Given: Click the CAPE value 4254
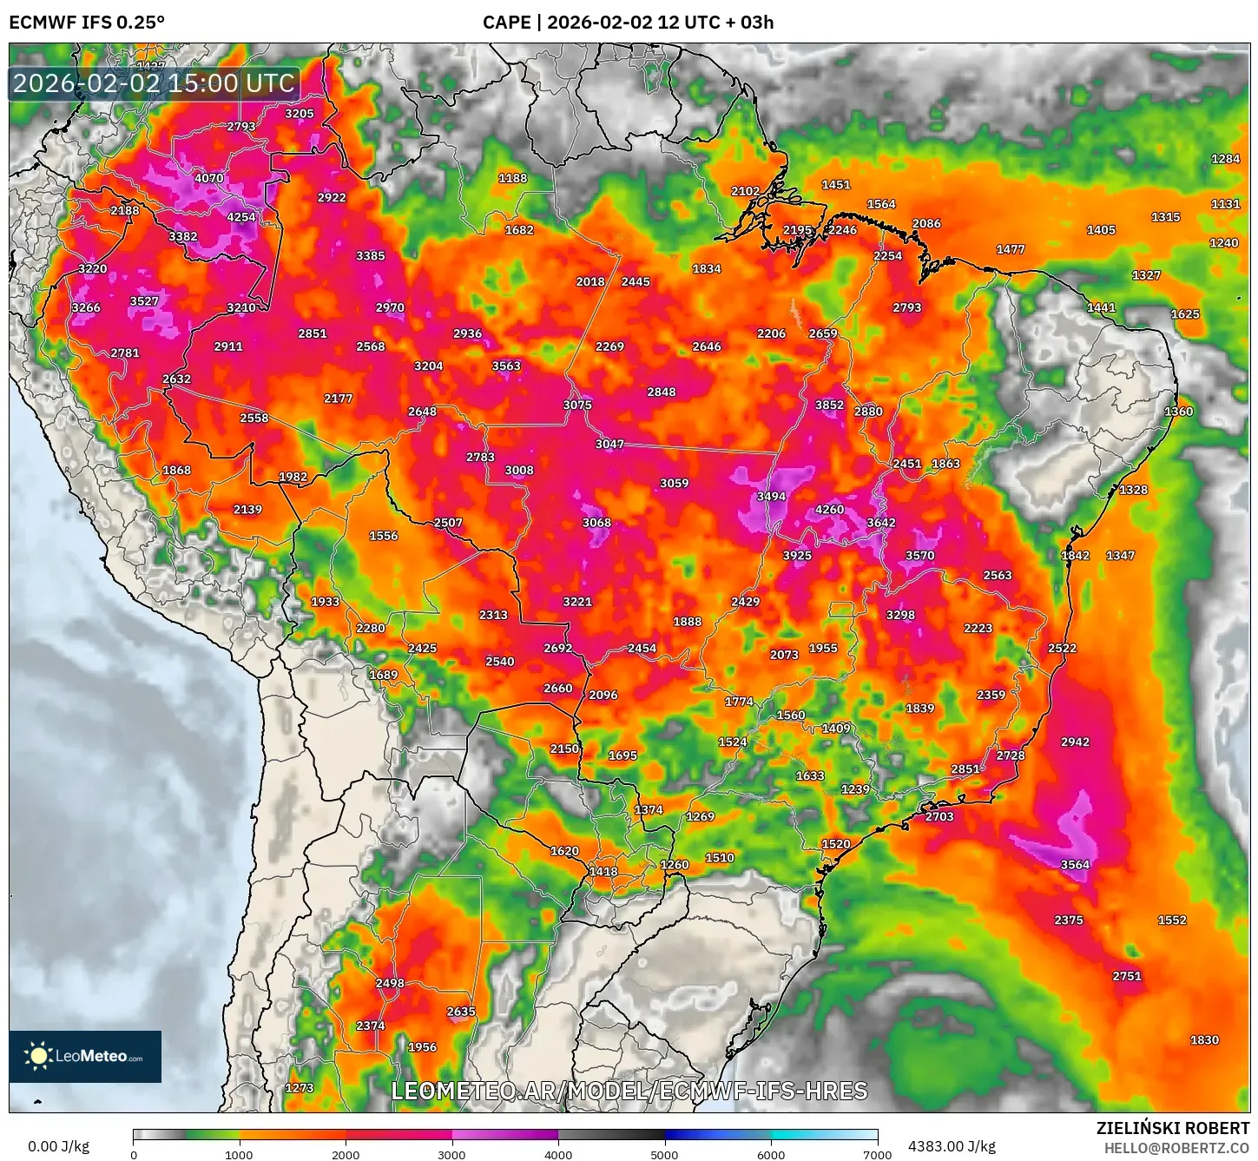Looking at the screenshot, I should click(x=241, y=217).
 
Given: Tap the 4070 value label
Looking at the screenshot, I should click(x=208, y=178).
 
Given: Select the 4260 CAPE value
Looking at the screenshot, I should click(x=829, y=510).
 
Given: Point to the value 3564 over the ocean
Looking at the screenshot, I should click(x=1075, y=865).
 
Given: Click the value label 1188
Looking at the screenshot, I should click(x=512, y=178).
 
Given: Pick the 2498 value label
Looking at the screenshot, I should click(x=390, y=983).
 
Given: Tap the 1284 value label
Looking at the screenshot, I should click(x=1225, y=159).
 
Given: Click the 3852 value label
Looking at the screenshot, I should click(x=829, y=405).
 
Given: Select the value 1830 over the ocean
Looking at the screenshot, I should click(x=1204, y=1040).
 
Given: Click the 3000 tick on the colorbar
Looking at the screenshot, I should click(x=451, y=1154).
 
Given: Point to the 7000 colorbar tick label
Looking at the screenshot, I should click(x=877, y=1154).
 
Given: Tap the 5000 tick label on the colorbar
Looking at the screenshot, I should click(x=664, y=1154).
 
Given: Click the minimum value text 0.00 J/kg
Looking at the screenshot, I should click(x=58, y=1146).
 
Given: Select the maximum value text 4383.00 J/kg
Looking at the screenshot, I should click(x=952, y=1146).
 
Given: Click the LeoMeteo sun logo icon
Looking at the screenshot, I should click(x=38, y=1056).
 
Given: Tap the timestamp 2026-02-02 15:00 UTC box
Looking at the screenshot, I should click(x=154, y=83).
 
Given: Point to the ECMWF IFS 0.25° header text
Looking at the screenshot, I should click(x=87, y=22).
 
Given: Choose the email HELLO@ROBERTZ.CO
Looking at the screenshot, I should click(x=1176, y=1148).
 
